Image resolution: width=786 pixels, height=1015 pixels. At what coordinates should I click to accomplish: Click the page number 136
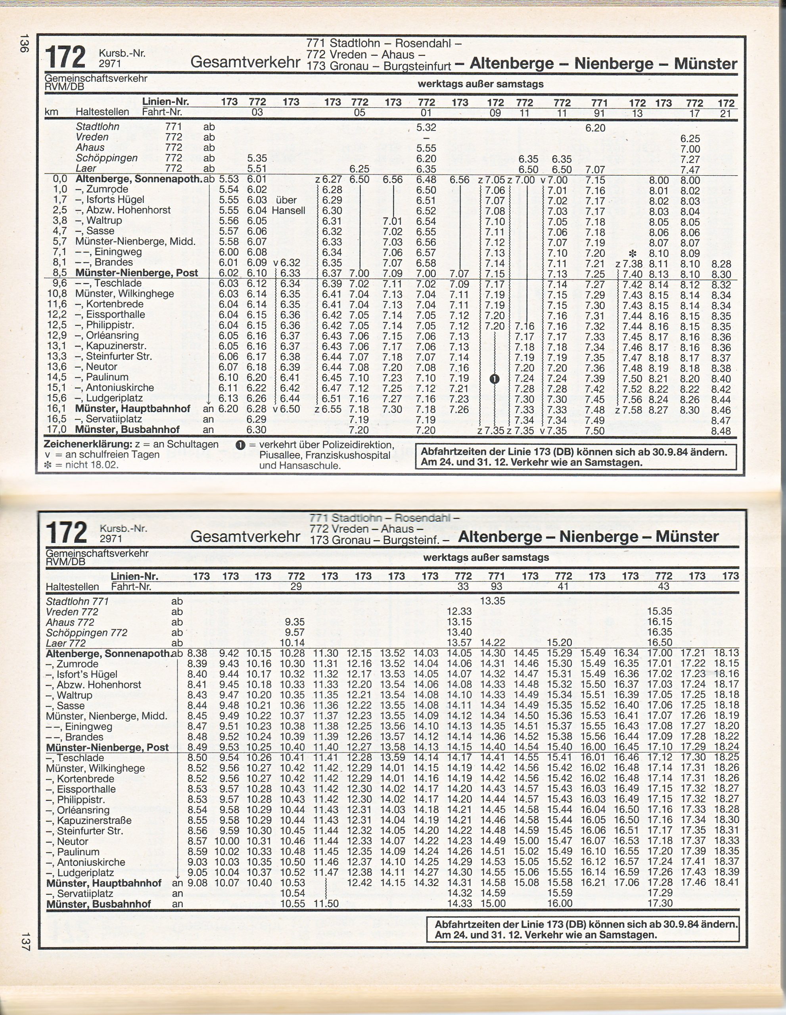pos(24,43)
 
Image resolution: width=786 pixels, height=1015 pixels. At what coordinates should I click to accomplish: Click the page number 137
pos(25,942)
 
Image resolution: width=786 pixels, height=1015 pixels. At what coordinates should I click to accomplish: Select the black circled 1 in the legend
pos(240,445)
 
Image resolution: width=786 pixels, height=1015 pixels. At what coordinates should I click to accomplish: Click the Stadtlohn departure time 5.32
pos(426,127)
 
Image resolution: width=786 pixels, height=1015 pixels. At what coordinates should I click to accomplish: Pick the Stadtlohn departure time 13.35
pos(492,601)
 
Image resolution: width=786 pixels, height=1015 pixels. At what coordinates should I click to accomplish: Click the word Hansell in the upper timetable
pos(288,211)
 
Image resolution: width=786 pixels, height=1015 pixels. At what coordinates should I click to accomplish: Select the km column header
pos(51,112)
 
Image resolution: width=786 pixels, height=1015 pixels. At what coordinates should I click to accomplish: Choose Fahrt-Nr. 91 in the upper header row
pos(599,113)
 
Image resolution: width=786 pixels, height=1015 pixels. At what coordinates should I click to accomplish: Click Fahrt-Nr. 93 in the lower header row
pos(496,586)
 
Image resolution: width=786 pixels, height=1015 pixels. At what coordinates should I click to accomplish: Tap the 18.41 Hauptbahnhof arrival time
pos(727,883)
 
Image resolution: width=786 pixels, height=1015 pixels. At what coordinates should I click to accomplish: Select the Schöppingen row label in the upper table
pos(106,158)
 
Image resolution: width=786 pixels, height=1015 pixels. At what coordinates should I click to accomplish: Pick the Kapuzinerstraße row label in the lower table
pos(94,820)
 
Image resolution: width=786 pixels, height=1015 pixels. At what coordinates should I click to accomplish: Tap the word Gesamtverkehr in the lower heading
pos(245,536)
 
